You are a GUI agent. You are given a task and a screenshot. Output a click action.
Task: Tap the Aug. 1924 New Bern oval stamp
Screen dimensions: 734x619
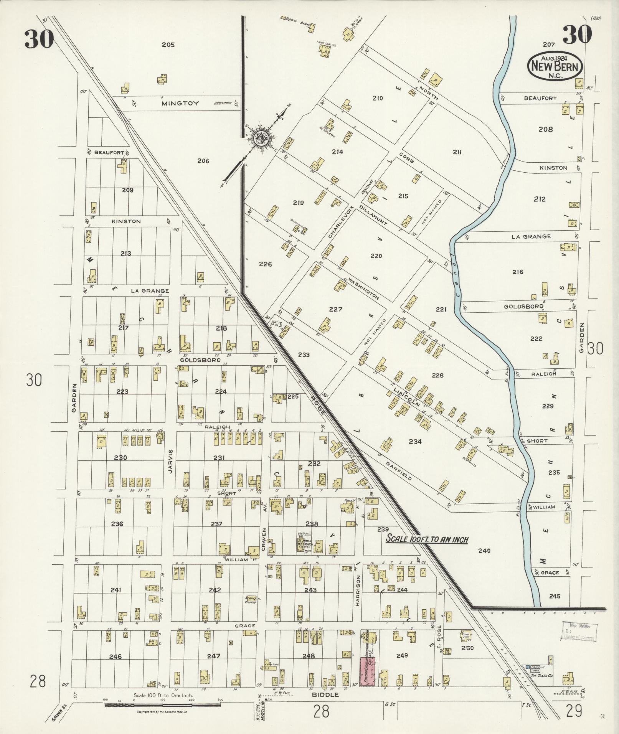click(556, 66)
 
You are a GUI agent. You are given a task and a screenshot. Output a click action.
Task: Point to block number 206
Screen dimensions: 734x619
click(203, 161)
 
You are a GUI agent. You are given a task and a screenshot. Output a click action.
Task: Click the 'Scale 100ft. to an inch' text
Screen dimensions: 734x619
click(427, 539)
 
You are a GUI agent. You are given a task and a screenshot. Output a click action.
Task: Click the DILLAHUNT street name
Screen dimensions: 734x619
click(373, 214)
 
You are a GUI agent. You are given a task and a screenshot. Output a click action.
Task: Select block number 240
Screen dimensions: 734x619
click(484, 551)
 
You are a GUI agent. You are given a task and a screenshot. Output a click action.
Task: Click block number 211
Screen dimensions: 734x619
click(457, 152)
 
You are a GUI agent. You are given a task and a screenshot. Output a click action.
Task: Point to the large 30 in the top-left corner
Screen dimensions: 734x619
click(39, 39)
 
